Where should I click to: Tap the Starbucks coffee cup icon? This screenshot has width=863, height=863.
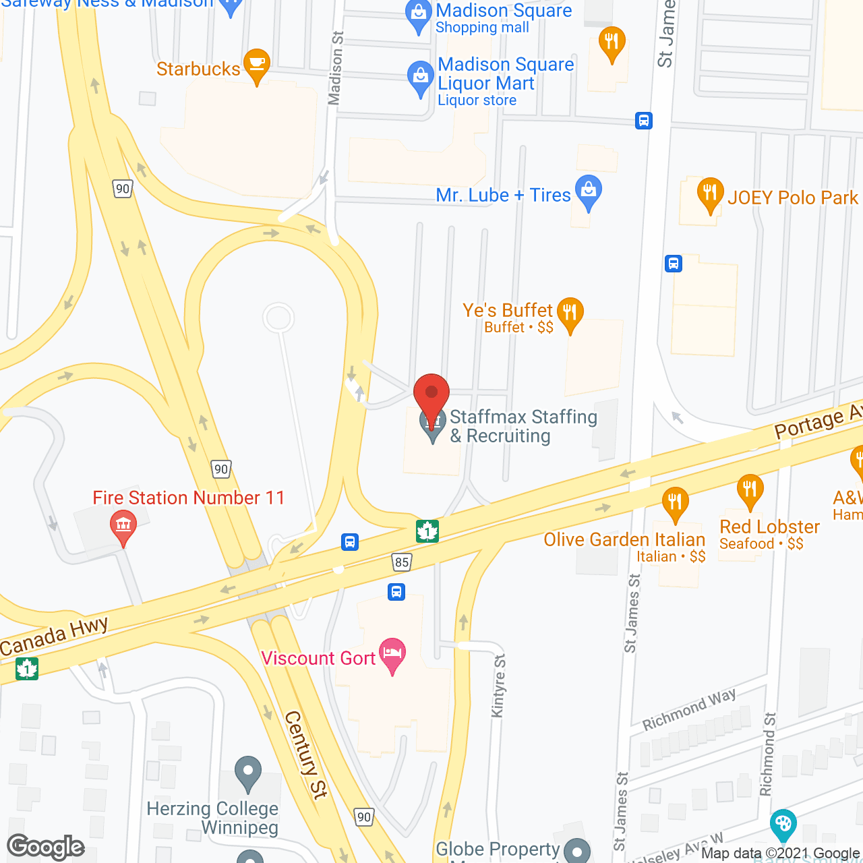pos(256,64)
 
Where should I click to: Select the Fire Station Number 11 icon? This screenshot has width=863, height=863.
pos(123,525)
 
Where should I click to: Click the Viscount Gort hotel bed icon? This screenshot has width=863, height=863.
pos(392,653)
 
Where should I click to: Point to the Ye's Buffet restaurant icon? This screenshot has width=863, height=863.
pos(570,313)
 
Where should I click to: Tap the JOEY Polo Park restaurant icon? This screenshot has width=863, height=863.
pos(710,194)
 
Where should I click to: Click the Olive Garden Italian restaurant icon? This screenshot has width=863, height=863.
pos(675,502)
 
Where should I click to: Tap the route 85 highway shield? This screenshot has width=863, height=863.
pos(402,562)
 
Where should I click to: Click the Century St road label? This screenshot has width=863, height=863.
pos(306,754)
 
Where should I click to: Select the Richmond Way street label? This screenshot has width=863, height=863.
pos(689,709)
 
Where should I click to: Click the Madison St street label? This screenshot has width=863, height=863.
pos(335,68)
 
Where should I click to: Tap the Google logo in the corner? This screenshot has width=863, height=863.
pos(46,847)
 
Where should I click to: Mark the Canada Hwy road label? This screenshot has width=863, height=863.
pos(55,637)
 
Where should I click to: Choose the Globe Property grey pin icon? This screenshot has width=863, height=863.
pos(576,850)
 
